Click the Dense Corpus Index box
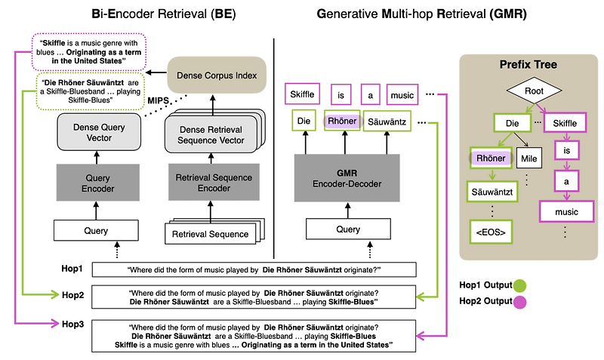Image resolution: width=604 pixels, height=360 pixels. coord(217,75)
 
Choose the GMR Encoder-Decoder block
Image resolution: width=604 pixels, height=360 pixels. coord(347,177)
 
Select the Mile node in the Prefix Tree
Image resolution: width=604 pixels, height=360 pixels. coord(529,159)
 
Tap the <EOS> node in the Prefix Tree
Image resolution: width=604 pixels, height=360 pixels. coord(491,229)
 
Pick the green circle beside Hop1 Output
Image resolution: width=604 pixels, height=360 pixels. coord(519,286)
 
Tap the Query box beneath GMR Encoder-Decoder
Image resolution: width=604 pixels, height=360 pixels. coord(347,229)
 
